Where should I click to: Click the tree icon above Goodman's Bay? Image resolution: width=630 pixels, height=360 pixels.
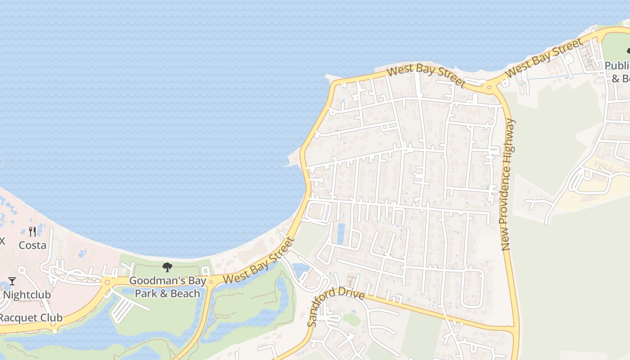coord(167,267)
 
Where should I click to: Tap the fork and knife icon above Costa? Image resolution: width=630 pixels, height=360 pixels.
coord(32,232)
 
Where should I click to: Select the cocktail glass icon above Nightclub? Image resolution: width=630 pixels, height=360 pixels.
coord(12,281)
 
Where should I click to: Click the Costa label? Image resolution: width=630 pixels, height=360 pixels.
coord(32,245)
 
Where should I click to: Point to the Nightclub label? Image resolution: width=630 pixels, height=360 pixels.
coord(27,295)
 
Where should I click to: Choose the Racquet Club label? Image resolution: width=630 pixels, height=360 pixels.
coord(31,318)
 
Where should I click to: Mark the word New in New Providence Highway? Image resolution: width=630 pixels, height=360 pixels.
coord(506,241)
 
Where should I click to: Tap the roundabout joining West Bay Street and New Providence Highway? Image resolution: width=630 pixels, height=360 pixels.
coord(490,87)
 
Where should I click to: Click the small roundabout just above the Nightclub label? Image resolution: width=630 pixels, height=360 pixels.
coord(107,283)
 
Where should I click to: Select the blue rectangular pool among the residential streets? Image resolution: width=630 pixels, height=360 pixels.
coord(341,234)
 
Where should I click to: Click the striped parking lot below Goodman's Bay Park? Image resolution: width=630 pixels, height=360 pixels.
coord(122,310)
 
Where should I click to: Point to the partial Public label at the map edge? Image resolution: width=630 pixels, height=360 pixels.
coord(617,66)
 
